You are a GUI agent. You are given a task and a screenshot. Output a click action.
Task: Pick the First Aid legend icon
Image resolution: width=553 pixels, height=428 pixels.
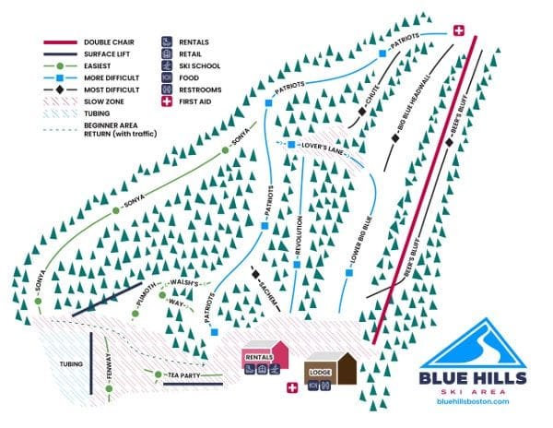pyautogui.click(x=168, y=102)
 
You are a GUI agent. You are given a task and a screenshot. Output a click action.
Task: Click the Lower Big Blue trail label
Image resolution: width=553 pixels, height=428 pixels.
pyautogui.click(x=361, y=242)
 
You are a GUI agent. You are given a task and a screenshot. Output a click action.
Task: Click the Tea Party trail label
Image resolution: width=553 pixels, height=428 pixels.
pyautogui.click(x=184, y=376)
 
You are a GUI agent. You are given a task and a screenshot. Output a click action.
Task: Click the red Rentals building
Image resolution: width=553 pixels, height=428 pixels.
pyautogui.click(x=265, y=357)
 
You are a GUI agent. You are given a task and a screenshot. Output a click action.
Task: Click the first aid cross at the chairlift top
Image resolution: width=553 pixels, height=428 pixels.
pyautogui.click(x=459, y=31)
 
